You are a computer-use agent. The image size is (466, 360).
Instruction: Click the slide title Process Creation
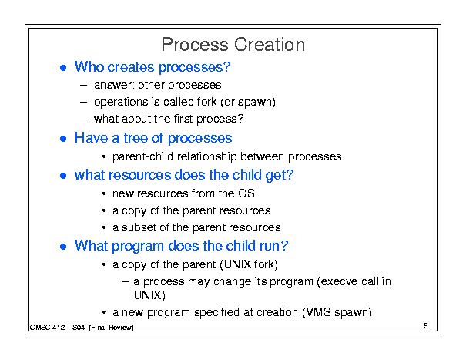pyautogui.click(x=233, y=45)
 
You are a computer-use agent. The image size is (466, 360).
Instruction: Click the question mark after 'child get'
pyautogui.click(x=290, y=174)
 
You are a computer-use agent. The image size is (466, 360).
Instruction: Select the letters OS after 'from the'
pyautogui.click(x=246, y=193)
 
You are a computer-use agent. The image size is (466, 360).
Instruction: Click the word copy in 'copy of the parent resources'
pyautogui.click(x=134, y=211)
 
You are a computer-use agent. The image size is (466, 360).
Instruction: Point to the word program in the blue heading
pyautogui.click(x=138, y=247)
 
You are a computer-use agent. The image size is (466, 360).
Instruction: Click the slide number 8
pyautogui.click(x=426, y=325)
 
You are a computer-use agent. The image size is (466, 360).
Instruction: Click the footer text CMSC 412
pyautogui.click(x=47, y=328)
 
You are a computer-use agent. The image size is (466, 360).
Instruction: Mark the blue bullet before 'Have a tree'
pyautogui.click(x=63, y=139)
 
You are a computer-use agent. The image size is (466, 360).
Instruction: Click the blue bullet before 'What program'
pyautogui.click(x=63, y=247)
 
